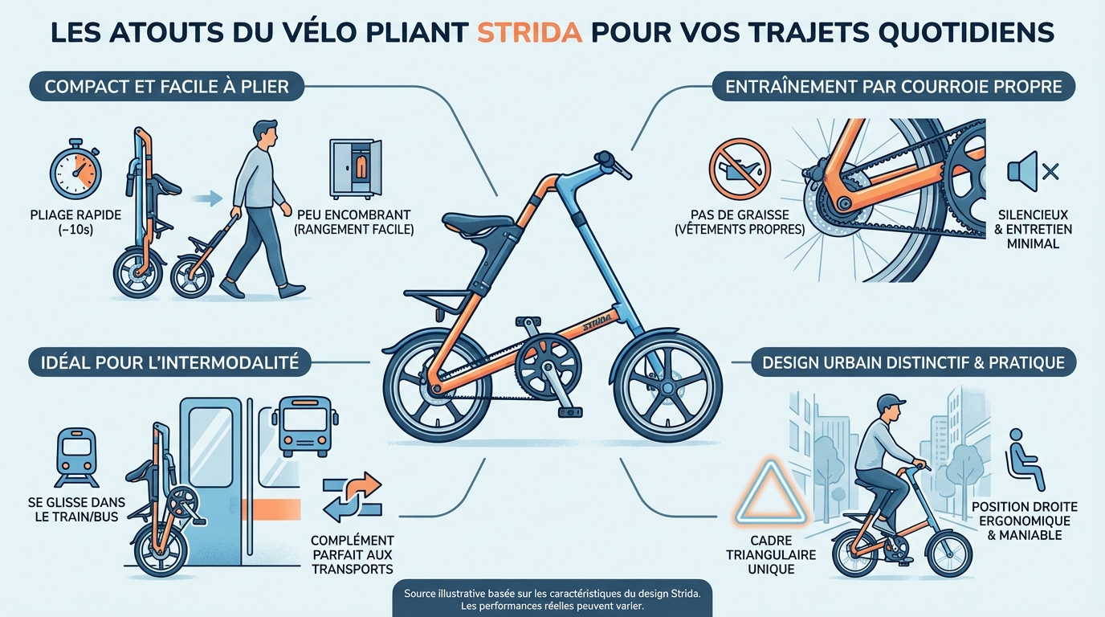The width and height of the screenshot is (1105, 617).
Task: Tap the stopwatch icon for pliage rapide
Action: pyautogui.click(x=75, y=170)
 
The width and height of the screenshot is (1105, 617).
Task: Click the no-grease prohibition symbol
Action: pyautogui.click(x=740, y=170)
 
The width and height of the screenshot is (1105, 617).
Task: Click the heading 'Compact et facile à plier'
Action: pyautogui.click(x=167, y=86)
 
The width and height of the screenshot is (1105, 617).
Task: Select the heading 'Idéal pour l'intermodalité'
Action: pyautogui.click(x=169, y=363)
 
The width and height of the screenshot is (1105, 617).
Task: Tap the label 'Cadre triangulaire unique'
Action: pyautogui.click(x=770, y=555)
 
